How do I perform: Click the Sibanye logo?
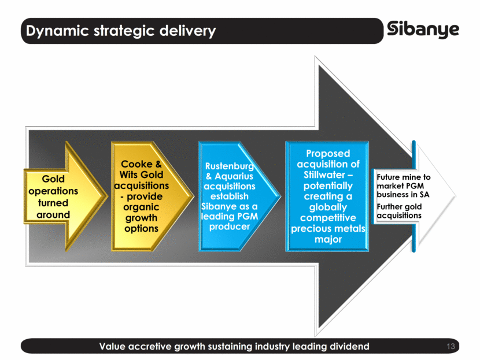coord(423,29)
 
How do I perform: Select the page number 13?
coord(452,347)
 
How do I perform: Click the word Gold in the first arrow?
coord(53,180)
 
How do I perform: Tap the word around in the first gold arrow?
coord(53,214)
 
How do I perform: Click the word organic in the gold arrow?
coord(141,207)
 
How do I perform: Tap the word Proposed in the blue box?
coord(328,154)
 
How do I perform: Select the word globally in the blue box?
coord(327,207)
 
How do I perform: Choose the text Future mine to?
coord(403,177)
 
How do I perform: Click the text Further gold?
coord(399,206)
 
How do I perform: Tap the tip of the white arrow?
coord(455,194)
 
